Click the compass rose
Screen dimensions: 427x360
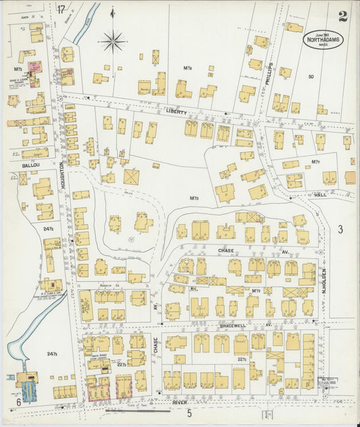click(x=113, y=41)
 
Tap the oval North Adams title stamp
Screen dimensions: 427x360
click(x=322, y=39)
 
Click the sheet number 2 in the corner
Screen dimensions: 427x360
click(x=343, y=16)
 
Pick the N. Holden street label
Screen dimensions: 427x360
click(x=324, y=279)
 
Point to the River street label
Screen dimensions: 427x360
click(x=179, y=402)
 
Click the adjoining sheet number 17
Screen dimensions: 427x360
click(x=61, y=9)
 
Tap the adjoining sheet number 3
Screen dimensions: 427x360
click(x=340, y=230)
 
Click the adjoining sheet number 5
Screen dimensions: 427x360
click(x=190, y=413)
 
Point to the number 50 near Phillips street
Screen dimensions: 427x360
click(x=311, y=76)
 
